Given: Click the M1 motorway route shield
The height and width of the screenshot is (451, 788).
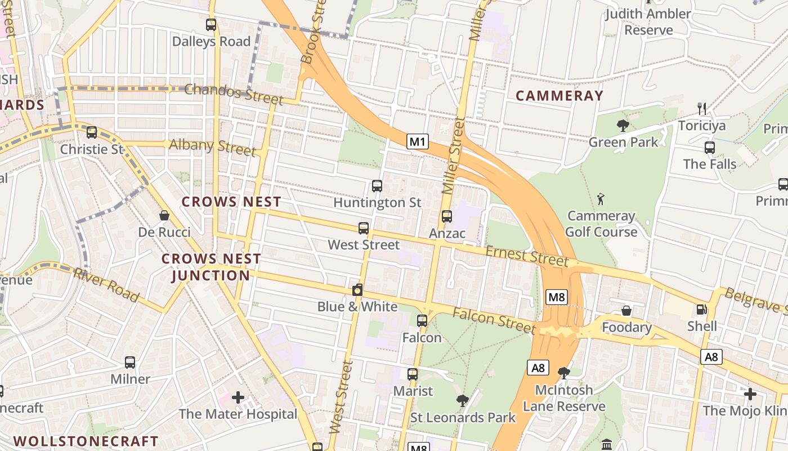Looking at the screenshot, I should click(x=418, y=142).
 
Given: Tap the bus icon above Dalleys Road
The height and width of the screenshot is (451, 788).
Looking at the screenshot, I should click(x=211, y=25).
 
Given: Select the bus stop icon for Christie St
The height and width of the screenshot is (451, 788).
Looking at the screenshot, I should click(x=91, y=132).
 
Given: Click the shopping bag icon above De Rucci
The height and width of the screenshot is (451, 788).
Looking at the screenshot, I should click(x=164, y=215).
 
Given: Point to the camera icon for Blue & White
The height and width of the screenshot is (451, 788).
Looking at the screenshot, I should click(x=357, y=290).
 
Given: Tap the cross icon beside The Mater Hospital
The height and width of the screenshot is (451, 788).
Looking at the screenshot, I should click(x=238, y=397).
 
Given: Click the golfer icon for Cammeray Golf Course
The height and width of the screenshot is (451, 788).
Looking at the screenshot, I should click(x=601, y=199).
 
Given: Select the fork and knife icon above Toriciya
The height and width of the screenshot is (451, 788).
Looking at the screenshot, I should click(x=701, y=109).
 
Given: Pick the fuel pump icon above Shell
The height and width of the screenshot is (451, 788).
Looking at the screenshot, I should click(x=701, y=309).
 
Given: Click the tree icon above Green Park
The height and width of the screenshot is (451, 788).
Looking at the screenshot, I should click(x=623, y=126).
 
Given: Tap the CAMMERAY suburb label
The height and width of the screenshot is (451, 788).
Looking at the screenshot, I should click(x=559, y=96).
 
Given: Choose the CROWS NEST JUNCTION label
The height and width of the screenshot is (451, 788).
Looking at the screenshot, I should click(x=211, y=267).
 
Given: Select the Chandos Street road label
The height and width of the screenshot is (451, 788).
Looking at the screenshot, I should click(x=234, y=94).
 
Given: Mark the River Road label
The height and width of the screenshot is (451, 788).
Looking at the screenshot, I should click(x=106, y=285).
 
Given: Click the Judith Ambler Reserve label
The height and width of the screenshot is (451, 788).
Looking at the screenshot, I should click(x=648, y=21).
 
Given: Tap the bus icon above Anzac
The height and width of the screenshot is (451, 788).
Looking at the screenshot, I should click(x=447, y=216).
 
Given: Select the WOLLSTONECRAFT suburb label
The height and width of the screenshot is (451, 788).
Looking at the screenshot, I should click(x=86, y=441).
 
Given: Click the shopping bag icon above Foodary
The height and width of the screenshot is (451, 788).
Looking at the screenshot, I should click(x=626, y=311).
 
